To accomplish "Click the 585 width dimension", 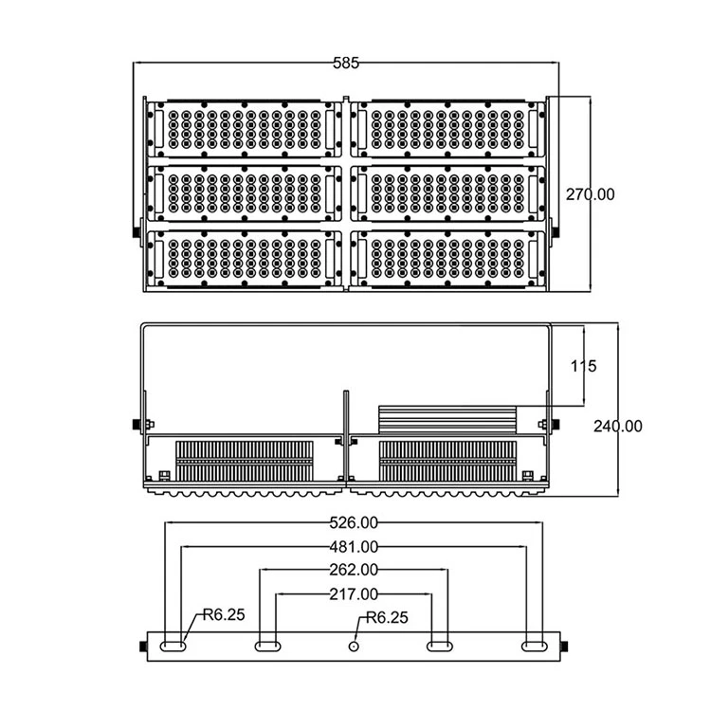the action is click(x=346, y=64).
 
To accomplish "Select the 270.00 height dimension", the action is click(x=590, y=194).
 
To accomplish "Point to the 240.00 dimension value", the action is click(x=617, y=427).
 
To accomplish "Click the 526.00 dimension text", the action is click(x=354, y=522).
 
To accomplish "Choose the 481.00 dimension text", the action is click(x=354, y=547).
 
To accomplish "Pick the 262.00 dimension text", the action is click(x=354, y=571).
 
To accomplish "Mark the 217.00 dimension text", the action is click(x=354, y=594).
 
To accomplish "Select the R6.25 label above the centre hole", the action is click(x=387, y=618).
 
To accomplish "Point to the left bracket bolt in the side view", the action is click(x=135, y=423).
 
